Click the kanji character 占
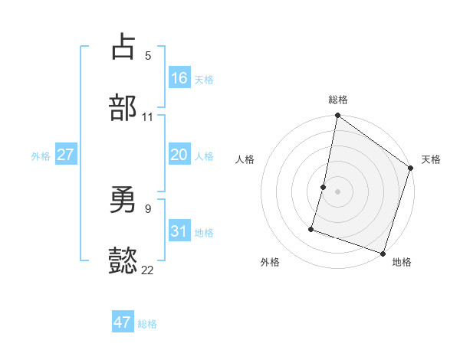pos(123,47)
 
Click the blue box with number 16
pos(179,77)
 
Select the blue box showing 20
pos(179,155)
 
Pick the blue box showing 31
pos(179,231)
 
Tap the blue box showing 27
pos(65,155)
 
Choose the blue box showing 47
pos(123,322)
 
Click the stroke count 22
pos(147,270)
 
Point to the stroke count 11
pos(147,117)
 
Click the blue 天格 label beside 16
pos(204,79)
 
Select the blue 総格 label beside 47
pos(147,324)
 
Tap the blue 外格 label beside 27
pos(41,156)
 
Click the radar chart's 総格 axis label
pos(338,100)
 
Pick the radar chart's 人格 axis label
pos(245,159)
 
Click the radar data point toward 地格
pos(383,253)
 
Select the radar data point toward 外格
pos(312,228)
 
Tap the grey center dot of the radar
pos(337,191)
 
